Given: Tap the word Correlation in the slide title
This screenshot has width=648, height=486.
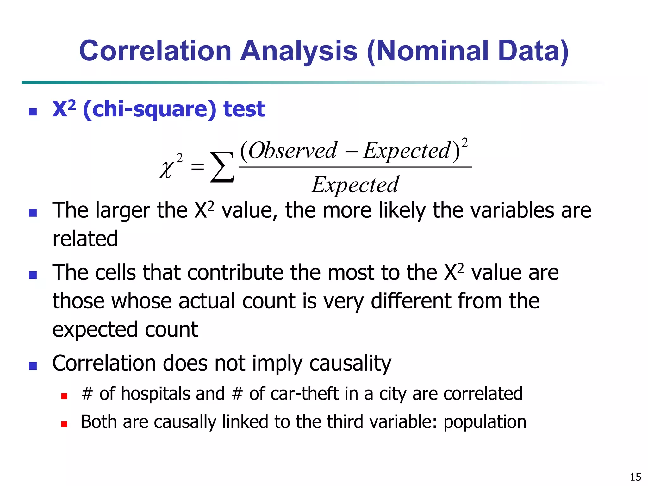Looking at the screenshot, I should click(x=155, y=51).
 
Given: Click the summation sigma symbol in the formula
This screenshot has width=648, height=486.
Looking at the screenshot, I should click(x=222, y=167).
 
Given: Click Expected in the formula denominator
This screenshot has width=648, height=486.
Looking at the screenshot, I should click(x=355, y=185).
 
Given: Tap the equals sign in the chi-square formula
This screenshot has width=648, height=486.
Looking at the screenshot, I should click(x=197, y=167).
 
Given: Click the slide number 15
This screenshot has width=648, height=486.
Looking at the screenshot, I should click(x=635, y=477).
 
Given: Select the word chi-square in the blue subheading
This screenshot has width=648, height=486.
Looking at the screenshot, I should click(x=149, y=109).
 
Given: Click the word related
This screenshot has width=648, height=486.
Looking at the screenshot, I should click(x=85, y=239).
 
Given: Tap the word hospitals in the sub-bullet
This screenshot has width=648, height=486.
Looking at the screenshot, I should click(x=155, y=394).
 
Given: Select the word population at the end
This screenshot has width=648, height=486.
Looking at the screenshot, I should click(x=485, y=422).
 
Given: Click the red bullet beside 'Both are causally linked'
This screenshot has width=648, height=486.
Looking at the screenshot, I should click(x=64, y=424).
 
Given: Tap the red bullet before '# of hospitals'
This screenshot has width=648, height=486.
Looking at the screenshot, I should click(x=64, y=396).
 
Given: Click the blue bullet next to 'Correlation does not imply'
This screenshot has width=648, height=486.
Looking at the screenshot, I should click(x=33, y=366).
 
